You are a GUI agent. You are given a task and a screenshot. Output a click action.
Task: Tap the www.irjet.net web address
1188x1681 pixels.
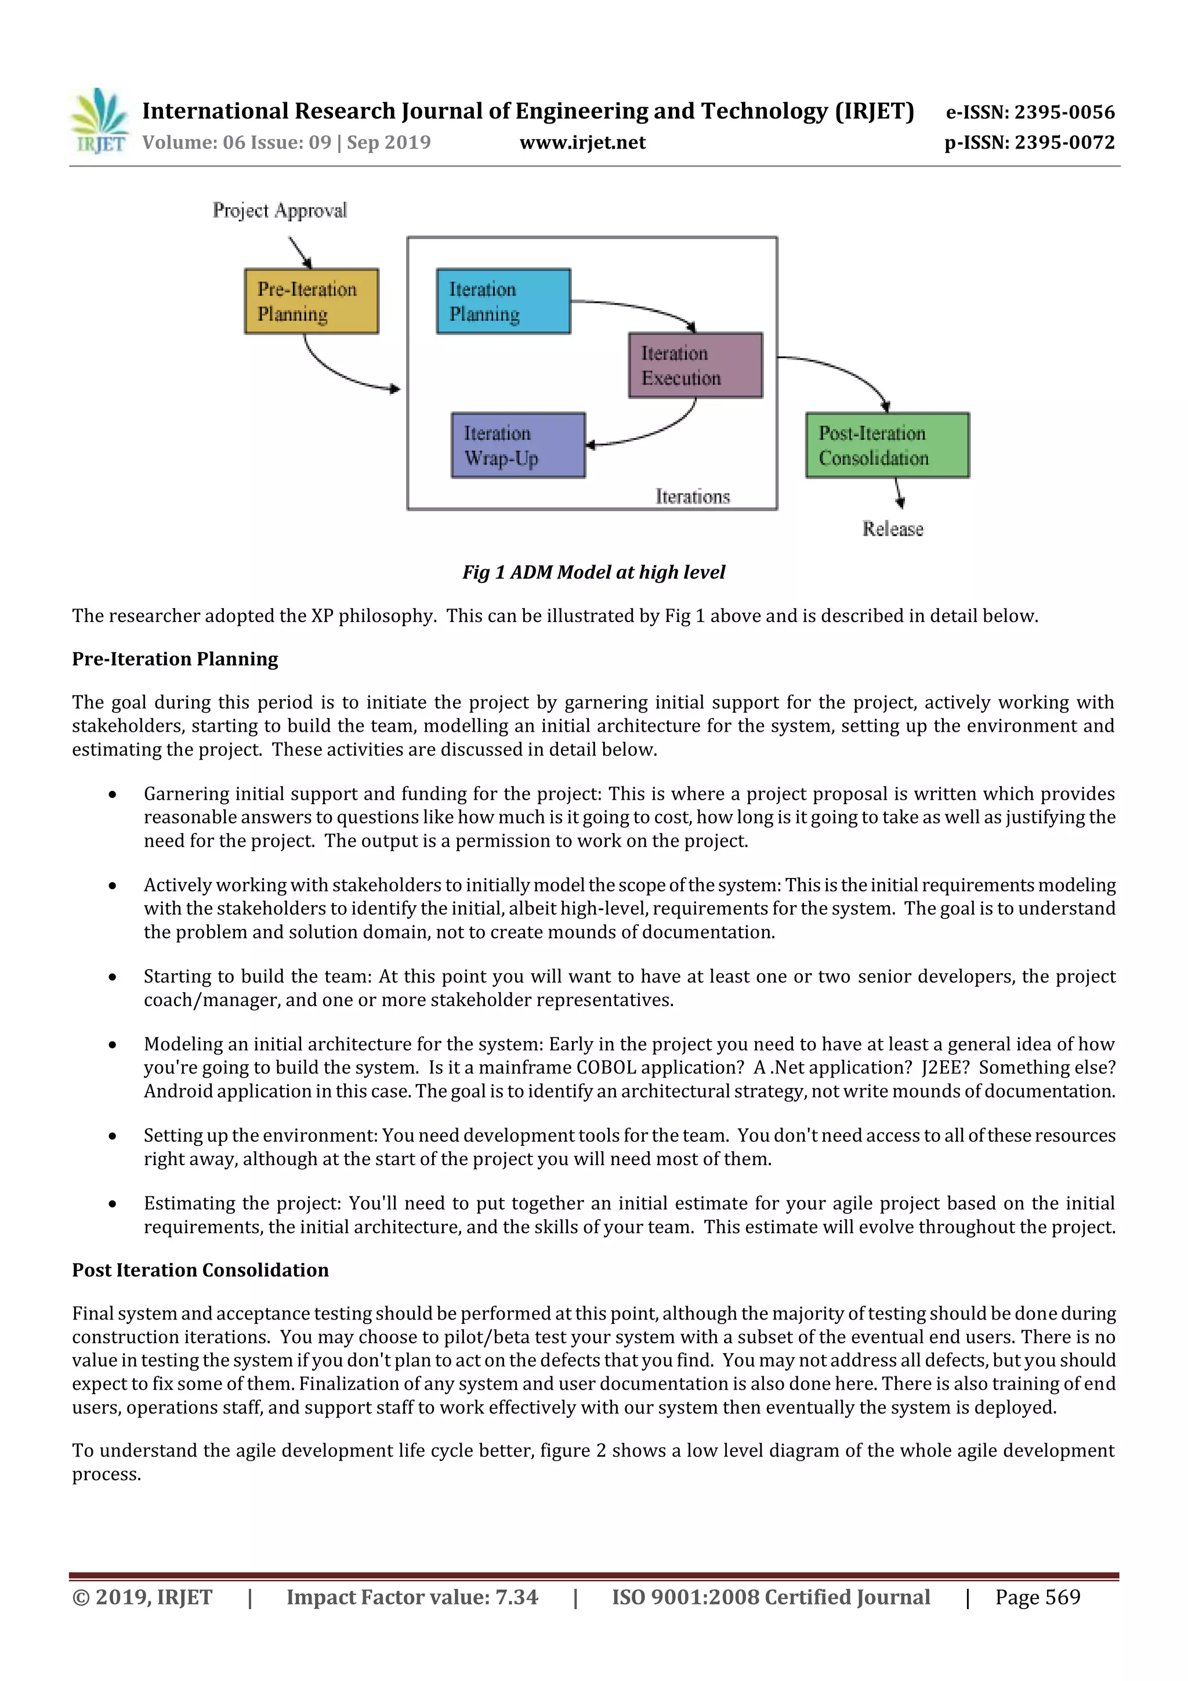pos(582,143)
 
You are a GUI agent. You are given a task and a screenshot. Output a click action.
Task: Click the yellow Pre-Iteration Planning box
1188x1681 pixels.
pos(311,301)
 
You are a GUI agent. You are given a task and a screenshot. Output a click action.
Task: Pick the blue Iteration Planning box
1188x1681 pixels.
pos(503,301)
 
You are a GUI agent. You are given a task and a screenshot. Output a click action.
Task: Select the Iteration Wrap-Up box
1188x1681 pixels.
pos(517,445)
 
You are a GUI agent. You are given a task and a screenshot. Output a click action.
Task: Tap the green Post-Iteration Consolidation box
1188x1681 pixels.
pos(886,445)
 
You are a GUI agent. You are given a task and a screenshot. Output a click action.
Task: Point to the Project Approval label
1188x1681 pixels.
pos(280,211)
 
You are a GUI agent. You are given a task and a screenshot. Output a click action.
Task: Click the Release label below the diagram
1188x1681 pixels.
pos(892,529)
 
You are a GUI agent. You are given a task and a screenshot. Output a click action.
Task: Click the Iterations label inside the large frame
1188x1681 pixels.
pos(693,497)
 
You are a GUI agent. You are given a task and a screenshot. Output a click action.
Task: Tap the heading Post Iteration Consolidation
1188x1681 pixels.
pos(200,1270)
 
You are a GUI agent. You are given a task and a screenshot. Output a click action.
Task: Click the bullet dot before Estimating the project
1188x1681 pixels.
pos(112,1203)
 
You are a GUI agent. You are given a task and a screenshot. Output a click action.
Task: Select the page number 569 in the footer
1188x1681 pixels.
pos(1062,1597)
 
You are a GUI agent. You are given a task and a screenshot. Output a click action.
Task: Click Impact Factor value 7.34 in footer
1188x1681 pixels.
pos(412,1597)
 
